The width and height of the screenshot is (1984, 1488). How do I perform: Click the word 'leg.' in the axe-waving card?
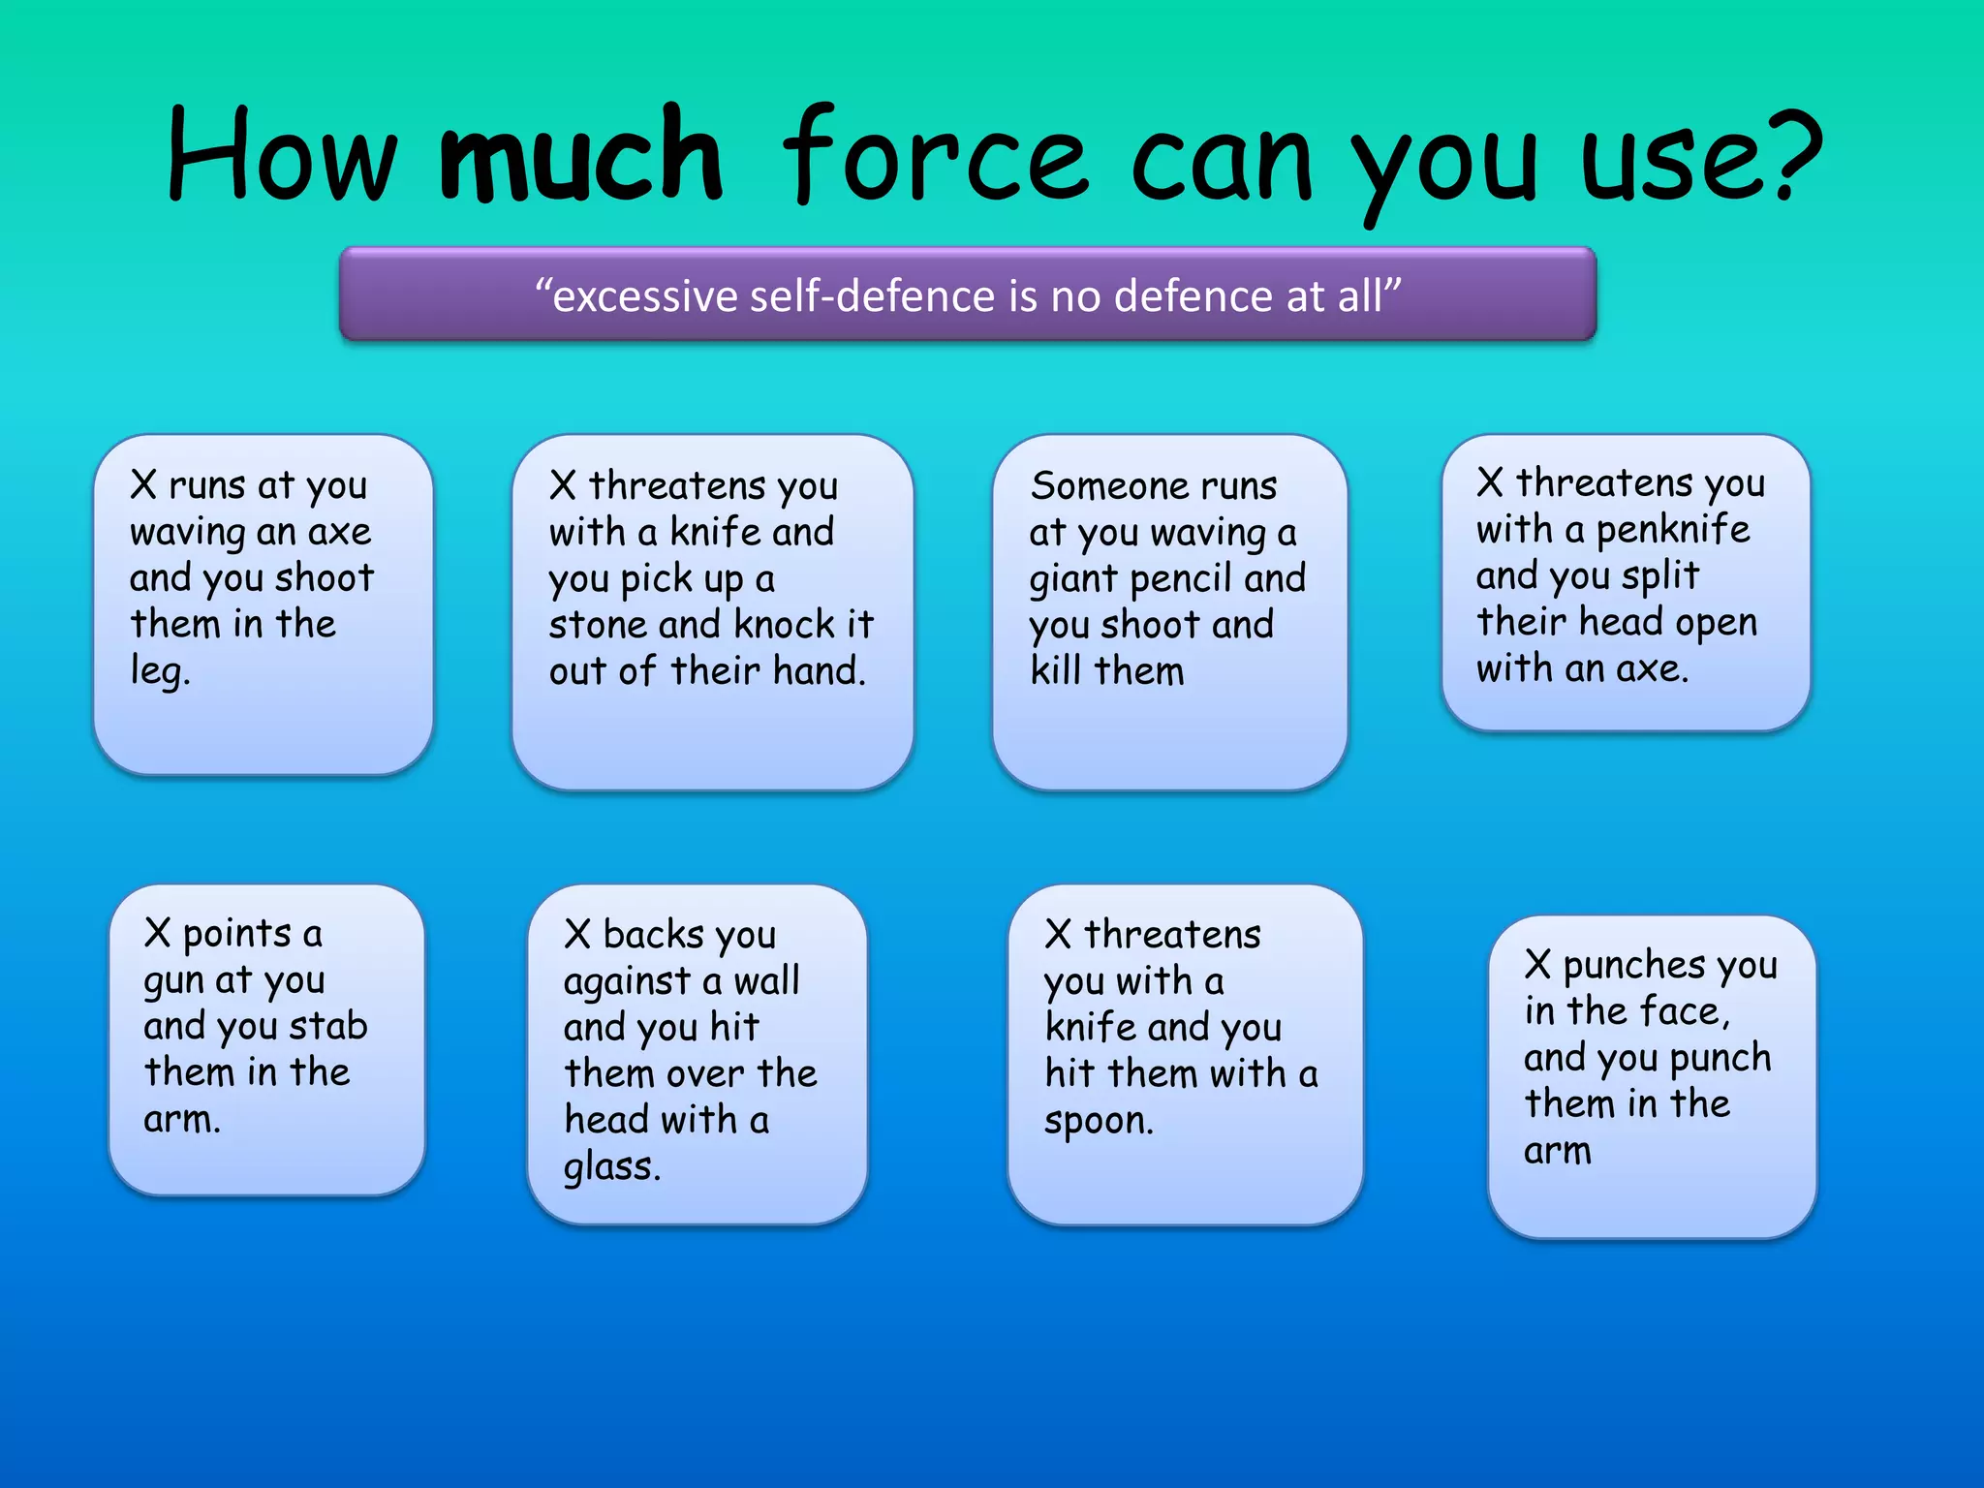click(160, 671)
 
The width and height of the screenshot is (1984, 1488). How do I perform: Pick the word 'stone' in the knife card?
click(597, 625)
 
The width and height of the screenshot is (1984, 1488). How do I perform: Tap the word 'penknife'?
click(1673, 529)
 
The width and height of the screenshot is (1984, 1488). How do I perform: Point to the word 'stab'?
click(328, 1026)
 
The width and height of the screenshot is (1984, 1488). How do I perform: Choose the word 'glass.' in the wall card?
click(611, 1166)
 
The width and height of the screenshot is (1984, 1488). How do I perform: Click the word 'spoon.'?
click(1098, 1121)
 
